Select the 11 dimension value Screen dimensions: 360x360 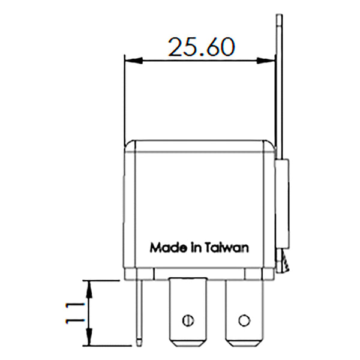[74, 313]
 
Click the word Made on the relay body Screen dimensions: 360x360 [164, 247]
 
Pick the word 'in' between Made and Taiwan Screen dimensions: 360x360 [194, 247]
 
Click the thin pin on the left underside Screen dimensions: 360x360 [140, 312]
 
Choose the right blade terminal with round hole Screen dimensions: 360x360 [244, 312]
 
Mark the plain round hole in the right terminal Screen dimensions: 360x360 [244, 319]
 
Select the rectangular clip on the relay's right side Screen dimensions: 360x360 [283, 204]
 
